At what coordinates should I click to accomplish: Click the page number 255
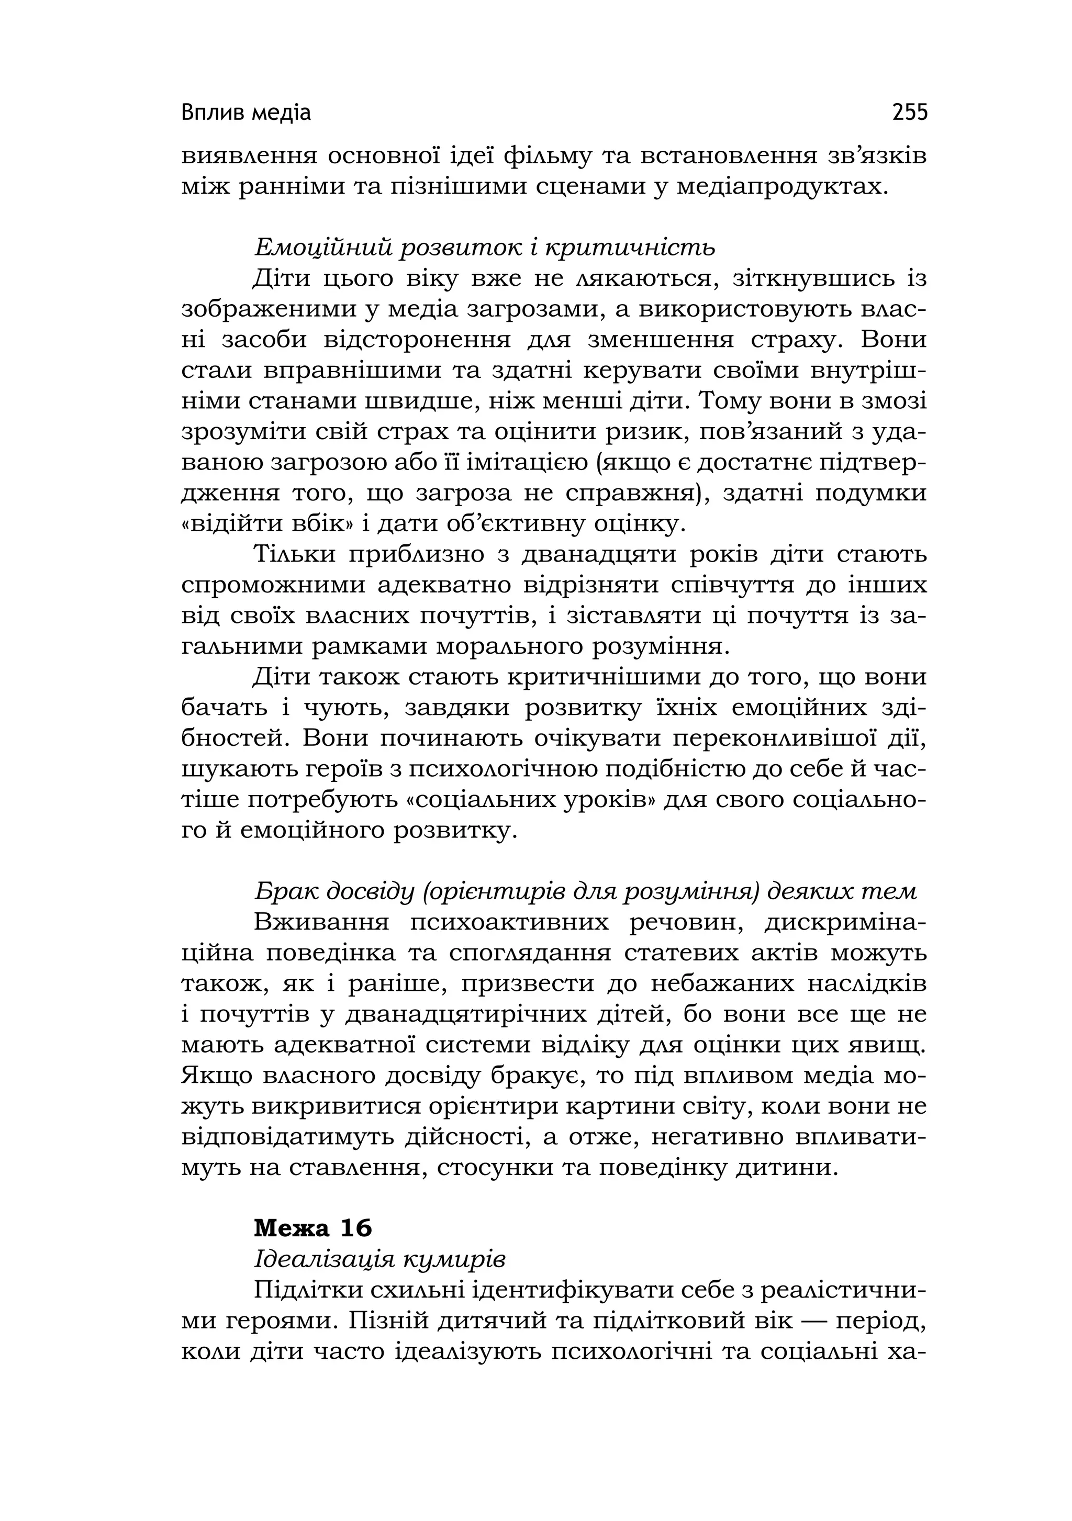910,113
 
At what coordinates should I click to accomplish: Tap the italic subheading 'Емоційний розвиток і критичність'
485,248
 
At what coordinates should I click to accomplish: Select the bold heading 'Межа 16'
312,1228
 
